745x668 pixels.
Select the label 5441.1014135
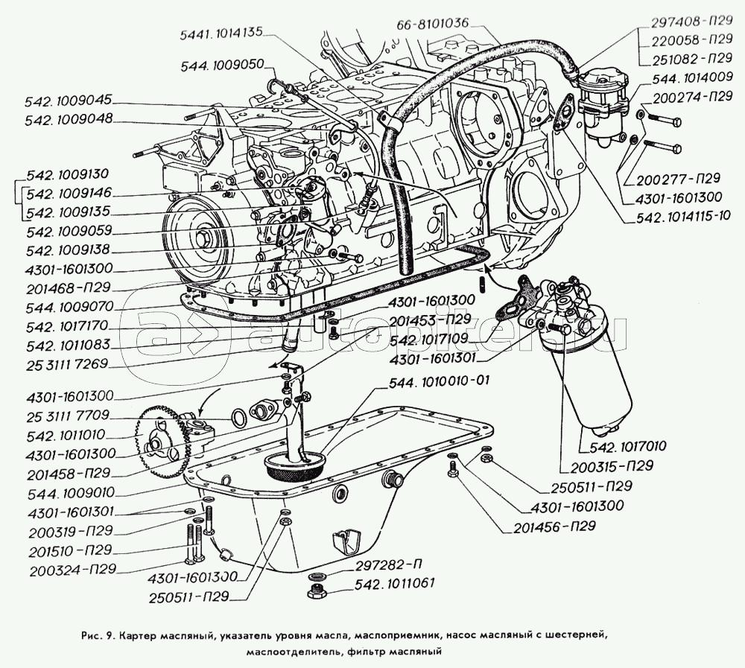coord(221,34)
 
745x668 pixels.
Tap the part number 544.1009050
coord(222,66)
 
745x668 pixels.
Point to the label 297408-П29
coord(690,24)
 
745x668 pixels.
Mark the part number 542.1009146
coord(68,192)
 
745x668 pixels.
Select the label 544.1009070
coord(68,305)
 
